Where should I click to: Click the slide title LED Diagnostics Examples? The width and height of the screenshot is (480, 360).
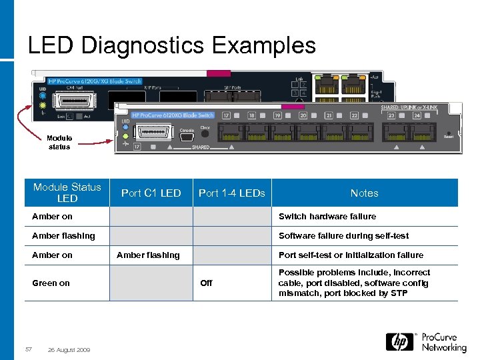pyautogui.click(x=171, y=45)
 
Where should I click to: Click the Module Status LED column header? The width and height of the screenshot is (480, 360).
pyautogui.click(x=67, y=193)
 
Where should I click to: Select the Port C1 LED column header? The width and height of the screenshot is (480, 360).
pyautogui.click(x=151, y=193)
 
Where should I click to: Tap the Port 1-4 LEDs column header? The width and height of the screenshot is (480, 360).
pyautogui.click(x=232, y=193)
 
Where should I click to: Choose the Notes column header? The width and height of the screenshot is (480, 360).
pyautogui.click(x=364, y=193)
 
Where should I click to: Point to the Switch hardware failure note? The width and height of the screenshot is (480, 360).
pyautogui.click(x=327, y=217)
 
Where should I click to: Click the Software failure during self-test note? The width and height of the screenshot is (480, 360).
pyautogui.click(x=344, y=236)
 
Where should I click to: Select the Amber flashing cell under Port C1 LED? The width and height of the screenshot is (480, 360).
pyautogui.click(x=148, y=255)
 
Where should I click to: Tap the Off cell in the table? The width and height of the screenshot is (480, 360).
pyautogui.click(x=206, y=283)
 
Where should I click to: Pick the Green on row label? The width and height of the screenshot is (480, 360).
pyautogui.click(x=51, y=283)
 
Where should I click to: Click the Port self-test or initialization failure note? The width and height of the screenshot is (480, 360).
pyautogui.click(x=351, y=255)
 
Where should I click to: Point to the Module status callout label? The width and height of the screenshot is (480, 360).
pyautogui.click(x=59, y=143)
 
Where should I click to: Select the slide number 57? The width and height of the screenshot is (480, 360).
pyautogui.click(x=29, y=350)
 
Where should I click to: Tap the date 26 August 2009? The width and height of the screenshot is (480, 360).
pyautogui.click(x=70, y=350)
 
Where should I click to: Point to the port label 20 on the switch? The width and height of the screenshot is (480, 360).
pyautogui.click(x=303, y=115)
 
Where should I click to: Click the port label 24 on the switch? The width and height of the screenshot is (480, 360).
pyautogui.click(x=417, y=115)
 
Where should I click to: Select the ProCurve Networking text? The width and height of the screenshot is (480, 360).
pyautogui.click(x=443, y=342)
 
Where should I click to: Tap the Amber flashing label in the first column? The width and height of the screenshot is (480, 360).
pyautogui.click(x=63, y=236)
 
